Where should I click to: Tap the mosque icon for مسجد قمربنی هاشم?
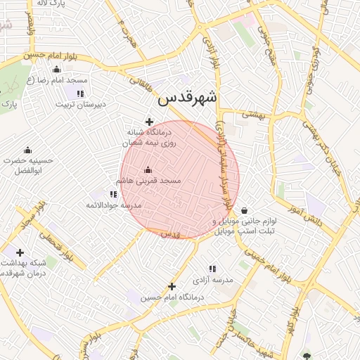coord(148,169)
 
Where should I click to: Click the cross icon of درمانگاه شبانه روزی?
coord(149,122)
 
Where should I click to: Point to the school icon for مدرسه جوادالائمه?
coord(114,194)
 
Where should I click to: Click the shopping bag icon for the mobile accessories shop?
coord(244,210)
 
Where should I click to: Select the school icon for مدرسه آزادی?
coord(212,269)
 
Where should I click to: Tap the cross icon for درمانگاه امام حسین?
coord(172,286)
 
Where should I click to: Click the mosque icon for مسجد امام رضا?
coord(57,69)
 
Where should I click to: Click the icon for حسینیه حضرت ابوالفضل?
coord(27,150)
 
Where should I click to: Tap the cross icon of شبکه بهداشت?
coord(20,252)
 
